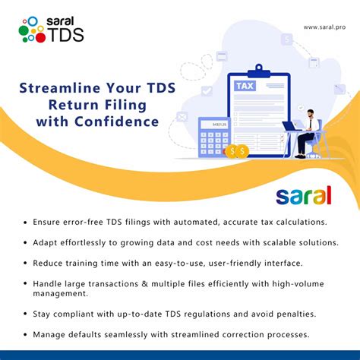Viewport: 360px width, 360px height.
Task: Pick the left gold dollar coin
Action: tap(231, 150)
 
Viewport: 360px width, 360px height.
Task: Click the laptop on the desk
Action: tap(292, 126)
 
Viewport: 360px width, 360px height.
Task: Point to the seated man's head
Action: tap(312, 111)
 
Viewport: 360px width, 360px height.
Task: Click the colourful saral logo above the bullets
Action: tap(304, 195)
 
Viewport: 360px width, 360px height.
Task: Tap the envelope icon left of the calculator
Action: tap(182, 117)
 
